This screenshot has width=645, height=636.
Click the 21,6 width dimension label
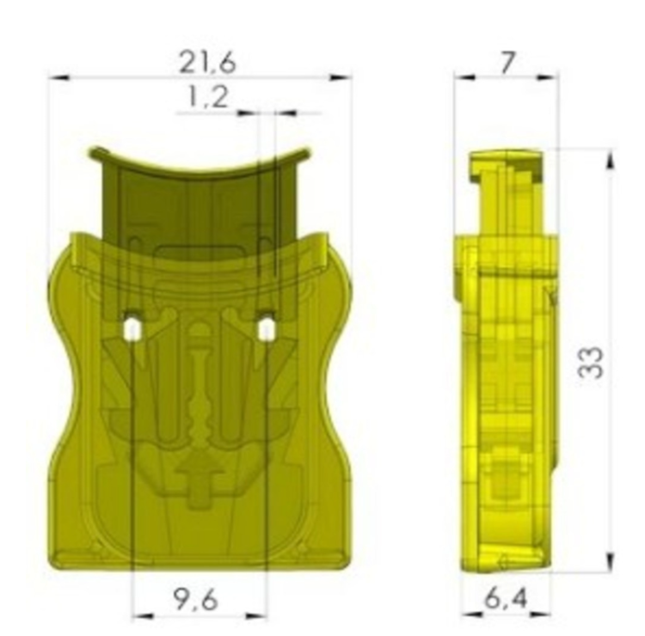point(208,63)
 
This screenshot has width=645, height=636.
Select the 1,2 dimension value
point(207,97)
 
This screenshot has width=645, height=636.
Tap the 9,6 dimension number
point(195,599)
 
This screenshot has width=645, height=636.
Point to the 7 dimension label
point(507,63)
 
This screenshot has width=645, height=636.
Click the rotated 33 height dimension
point(591,362)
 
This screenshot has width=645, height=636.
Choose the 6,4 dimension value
point(505,598)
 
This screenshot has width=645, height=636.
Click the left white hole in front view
point(132,329)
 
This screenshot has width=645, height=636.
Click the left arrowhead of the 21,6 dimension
point(59,77)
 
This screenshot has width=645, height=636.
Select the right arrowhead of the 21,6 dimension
point(341,77)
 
